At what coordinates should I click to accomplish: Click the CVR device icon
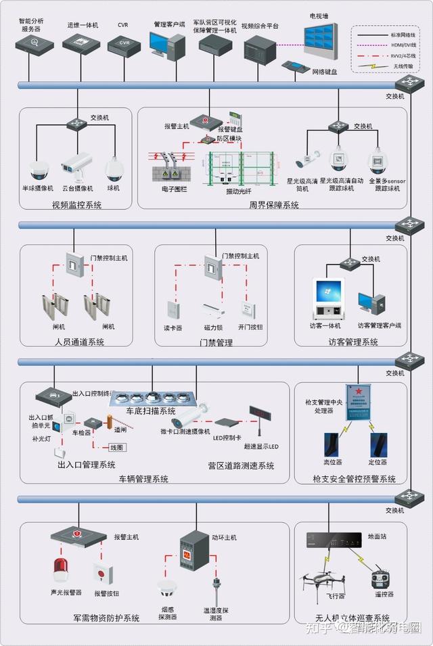(x=123, y=45)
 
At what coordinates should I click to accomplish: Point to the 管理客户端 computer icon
(x=166, y=47)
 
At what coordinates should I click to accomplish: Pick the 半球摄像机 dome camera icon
(x=39, y=168)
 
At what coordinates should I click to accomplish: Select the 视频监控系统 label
(x=76, y=204)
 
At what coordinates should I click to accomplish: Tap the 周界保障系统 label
(x=273, y=204)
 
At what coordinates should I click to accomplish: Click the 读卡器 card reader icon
(x=173, y=310)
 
